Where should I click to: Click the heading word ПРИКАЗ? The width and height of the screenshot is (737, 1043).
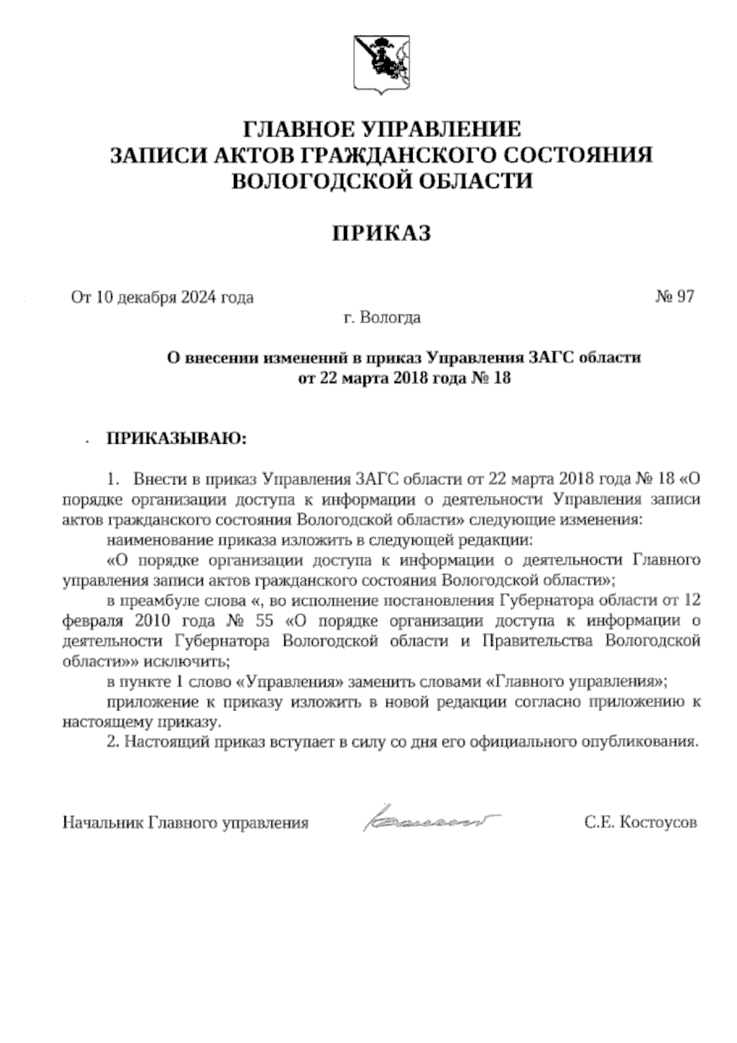pyautogui.click(x=381, y=233)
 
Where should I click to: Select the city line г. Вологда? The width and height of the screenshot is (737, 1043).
pyautogui.click(x=382, y=318)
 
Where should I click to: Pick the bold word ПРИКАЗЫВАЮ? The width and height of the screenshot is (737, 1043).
pyautogui.click(x=176, y=439)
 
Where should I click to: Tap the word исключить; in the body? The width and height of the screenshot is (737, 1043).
pyautogui.click(x=187, y=661)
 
